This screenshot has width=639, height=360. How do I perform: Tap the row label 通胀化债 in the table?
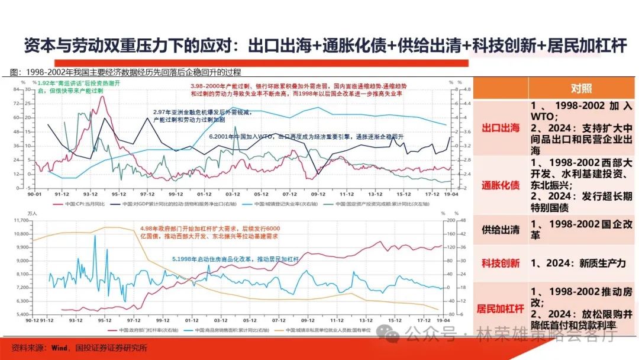pos(500,185)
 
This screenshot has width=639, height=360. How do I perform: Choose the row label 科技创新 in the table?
pos(500,262)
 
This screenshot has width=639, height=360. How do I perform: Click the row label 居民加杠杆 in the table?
pos(500,308)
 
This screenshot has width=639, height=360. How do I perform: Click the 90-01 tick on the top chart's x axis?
pos(34,194)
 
